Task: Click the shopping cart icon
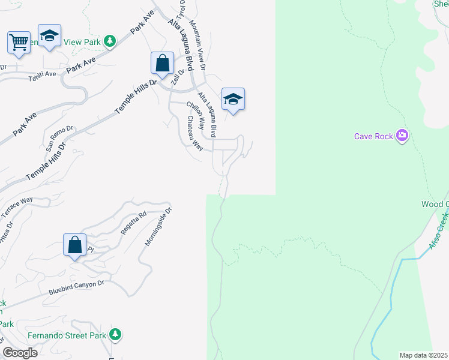pyautogui.click(x=19, y=43)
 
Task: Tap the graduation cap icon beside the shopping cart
pyautogui.click(x=49, y=35)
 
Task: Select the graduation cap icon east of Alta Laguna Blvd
pyautogui.click(x=233, y=100)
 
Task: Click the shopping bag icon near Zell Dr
pyautogui.click(x=162, y=63)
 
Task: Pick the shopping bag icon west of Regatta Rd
pyautogui.click(x=74, y=245)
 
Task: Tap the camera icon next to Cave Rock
pyautogui.click(x=402, y=136)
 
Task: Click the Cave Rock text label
pyautogui.click(x=373, y=136)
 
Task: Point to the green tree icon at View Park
pyautogui.click(x=109, y=41)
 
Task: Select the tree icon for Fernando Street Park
pyautogui.click(x=116, y=335)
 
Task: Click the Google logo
pyautogui.click(x=19, y=353)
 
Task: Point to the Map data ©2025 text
pyautogui.click(x=423, y=355)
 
